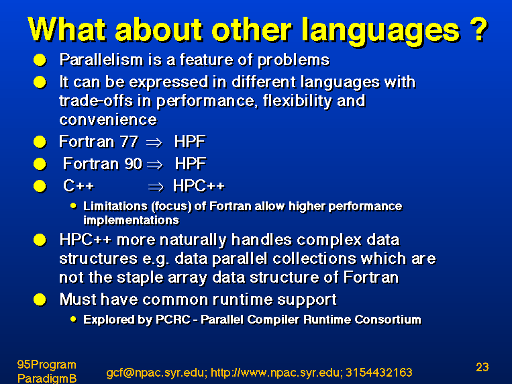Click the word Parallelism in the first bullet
click(101, 60)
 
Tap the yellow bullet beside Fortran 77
click(40, 142)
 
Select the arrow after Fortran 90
click(155, 164)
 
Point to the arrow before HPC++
click(156, 187)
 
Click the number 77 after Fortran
click(129, 142)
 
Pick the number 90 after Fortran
click(134, 164)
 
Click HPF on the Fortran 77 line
click(190, 142)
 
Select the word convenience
click(108, 119)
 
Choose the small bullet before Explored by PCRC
click(73, 319)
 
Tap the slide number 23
click(482, 367)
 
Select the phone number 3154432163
click(378, 372)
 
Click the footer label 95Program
click(47, 365)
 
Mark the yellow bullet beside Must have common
click(40, 299)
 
